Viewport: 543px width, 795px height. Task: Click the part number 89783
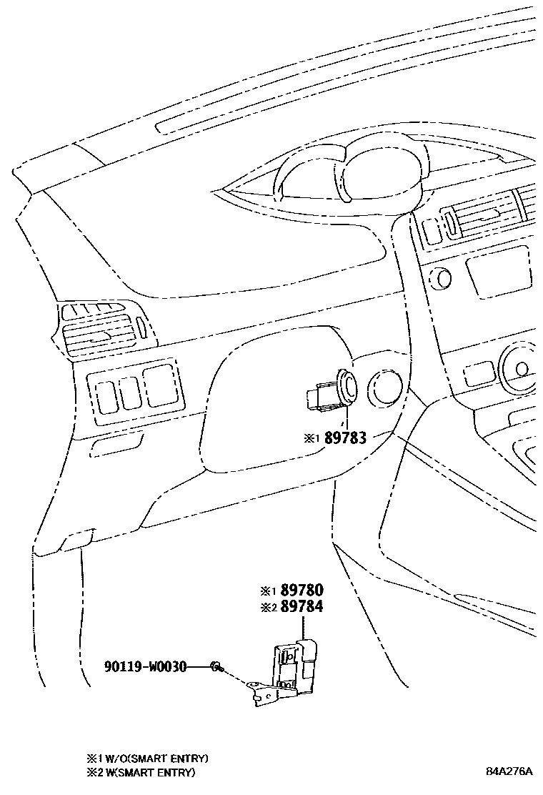tap(346, 438)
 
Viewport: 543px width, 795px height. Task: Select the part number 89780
tap(302, 591)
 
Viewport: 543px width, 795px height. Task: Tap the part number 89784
tap(302, 607)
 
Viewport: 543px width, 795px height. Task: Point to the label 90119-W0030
tap(145, 666)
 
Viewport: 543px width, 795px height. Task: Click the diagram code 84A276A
tap(509, 772)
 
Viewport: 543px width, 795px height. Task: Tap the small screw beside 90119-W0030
tap(214, 666)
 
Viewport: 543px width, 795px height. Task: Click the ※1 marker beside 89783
tap(312, 438)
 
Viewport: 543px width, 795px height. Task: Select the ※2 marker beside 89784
tap(267, 608)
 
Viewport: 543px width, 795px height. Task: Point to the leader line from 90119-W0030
tap(198, 666)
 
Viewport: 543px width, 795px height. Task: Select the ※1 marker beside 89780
tap(267, 591)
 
